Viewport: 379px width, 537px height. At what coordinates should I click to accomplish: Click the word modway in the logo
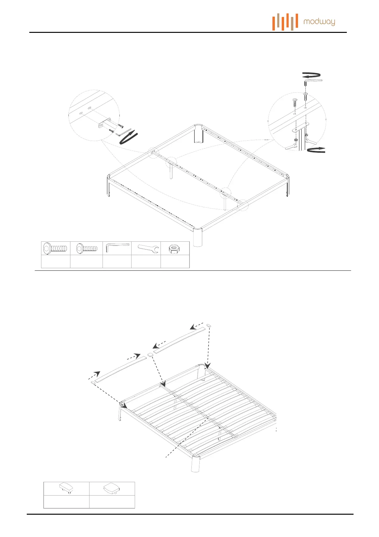click(x=319, y=22)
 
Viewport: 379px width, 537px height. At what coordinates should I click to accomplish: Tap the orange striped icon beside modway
click(x=285, y=22)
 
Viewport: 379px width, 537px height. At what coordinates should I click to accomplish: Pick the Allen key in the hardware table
click(x=117, y=247)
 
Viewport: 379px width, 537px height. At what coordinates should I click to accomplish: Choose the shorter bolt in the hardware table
click(x=86, y=248)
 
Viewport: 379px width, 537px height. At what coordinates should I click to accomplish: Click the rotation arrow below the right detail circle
click(x=316, y=150)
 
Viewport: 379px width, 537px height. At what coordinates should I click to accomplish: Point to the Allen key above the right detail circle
click(x=314, y=81)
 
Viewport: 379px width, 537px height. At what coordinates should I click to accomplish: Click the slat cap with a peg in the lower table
click(x=66, y=489)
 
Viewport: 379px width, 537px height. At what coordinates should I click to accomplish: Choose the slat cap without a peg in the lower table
click(x=112, y=489)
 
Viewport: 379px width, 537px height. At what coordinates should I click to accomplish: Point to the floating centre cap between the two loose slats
click(x=151, y=355)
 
